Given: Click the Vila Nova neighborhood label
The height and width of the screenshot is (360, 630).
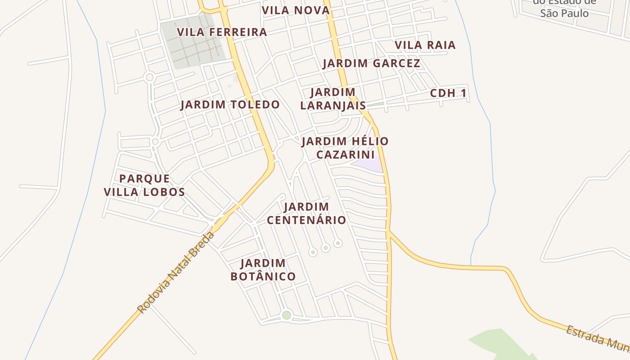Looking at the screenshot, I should pyautogui.click(x=296, y=10).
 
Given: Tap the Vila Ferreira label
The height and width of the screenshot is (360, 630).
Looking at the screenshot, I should pyautogui.click(x=222, y=32).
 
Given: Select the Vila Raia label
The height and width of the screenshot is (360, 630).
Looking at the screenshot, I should pyautogui.click(x=425, y=45).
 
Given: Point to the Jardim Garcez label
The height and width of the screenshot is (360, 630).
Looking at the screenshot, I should pyautogui.click(x=371, y=63).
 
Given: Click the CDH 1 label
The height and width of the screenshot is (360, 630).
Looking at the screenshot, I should pyautogui.click(x=448, y=93).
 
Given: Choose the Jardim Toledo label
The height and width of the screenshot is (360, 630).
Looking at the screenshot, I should pyautogui.click(x=230, y=105).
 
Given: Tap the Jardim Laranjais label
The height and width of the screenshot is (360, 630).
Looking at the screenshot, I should pyautogui.click(x=333, y=99).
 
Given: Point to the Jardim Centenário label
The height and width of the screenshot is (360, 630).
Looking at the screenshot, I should pyautogui.click(x=306, y=213).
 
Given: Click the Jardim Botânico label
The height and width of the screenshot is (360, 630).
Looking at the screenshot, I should pyautogui.click(x=263, y=270).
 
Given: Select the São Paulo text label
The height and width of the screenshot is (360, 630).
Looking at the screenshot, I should pyautogui.click(x=564, y=13).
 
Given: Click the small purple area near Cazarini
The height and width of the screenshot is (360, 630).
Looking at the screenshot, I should pyautogui.click(x=369, y=164).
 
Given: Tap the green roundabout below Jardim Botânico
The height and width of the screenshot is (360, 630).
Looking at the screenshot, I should pyautogui.click(x=286, y=315).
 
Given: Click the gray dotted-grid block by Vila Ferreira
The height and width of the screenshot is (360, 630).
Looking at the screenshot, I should pyautogui.click(x=193, y=43).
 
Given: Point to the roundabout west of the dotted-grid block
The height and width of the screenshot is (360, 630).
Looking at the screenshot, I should pyautogui.click(x=150, y=77).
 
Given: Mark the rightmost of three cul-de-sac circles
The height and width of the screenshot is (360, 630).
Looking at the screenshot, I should pyautogui.click(x=338, y=243).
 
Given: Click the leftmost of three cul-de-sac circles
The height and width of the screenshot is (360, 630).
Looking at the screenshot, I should pyautogui.click(x=313, y=252).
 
